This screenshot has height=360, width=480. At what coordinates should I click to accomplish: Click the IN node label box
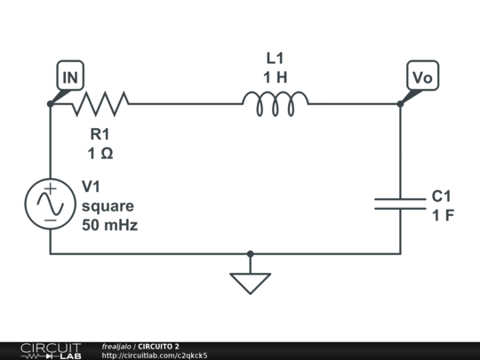[70, 77]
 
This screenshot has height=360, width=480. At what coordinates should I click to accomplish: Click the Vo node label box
[422, 77]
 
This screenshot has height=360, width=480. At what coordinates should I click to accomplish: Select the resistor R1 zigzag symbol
[100, 104]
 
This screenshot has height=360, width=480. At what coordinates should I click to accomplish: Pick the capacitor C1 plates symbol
[400, 204]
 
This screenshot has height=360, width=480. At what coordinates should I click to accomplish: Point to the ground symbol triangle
[250, 283]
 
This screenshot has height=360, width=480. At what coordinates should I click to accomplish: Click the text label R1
[100, 135]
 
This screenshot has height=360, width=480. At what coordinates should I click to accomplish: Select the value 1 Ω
[100, 154]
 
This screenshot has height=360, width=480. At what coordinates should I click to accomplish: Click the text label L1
[276, 58]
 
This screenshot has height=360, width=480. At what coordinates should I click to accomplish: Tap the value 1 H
[276, 77]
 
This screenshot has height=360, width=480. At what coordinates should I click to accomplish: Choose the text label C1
[443, 196]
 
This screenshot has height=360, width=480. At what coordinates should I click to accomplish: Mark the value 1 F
[443, 214]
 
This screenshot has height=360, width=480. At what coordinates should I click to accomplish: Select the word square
[108, 206]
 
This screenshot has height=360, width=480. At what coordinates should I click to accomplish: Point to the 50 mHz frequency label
[110, 225]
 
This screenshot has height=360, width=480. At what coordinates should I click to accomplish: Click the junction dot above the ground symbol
[250, 253]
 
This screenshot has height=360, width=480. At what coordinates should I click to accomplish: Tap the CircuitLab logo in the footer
[51, 350]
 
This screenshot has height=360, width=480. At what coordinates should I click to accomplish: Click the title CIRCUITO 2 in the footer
[158, 346]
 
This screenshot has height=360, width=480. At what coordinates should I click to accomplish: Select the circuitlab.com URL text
[155, 356]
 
